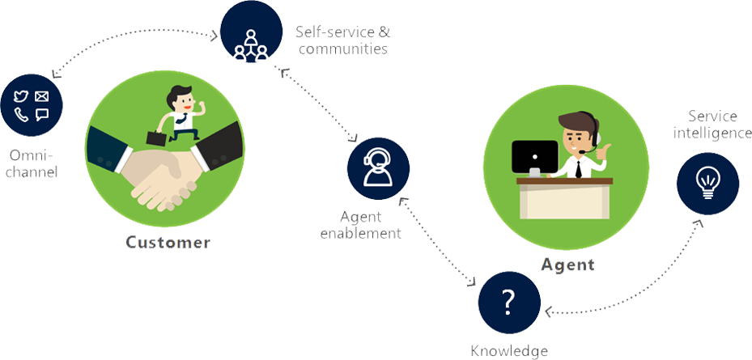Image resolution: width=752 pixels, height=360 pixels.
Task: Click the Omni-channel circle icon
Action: (x=32, y=105)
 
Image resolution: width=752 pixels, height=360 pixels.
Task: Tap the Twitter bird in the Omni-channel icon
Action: (x=22, y=96)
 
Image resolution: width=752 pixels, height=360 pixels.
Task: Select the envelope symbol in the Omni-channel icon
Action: (x=42, y=96)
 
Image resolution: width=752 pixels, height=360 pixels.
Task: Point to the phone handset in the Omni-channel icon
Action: (x=22, y=115)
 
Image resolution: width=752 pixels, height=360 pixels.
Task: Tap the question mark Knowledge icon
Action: (x=508, y=302)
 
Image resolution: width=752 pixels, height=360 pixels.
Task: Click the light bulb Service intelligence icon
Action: (x=707, y=184)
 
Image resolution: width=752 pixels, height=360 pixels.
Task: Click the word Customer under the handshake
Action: (x=168, y=242)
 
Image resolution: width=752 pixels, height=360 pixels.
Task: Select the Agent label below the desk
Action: (x=567, y=265)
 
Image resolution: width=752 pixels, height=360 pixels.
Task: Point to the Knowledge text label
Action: (x=509, y=350)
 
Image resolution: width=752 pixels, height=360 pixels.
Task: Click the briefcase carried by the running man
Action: (x=156, y=138)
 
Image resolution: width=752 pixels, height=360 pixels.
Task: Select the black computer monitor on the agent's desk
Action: (x=534, y=155)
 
